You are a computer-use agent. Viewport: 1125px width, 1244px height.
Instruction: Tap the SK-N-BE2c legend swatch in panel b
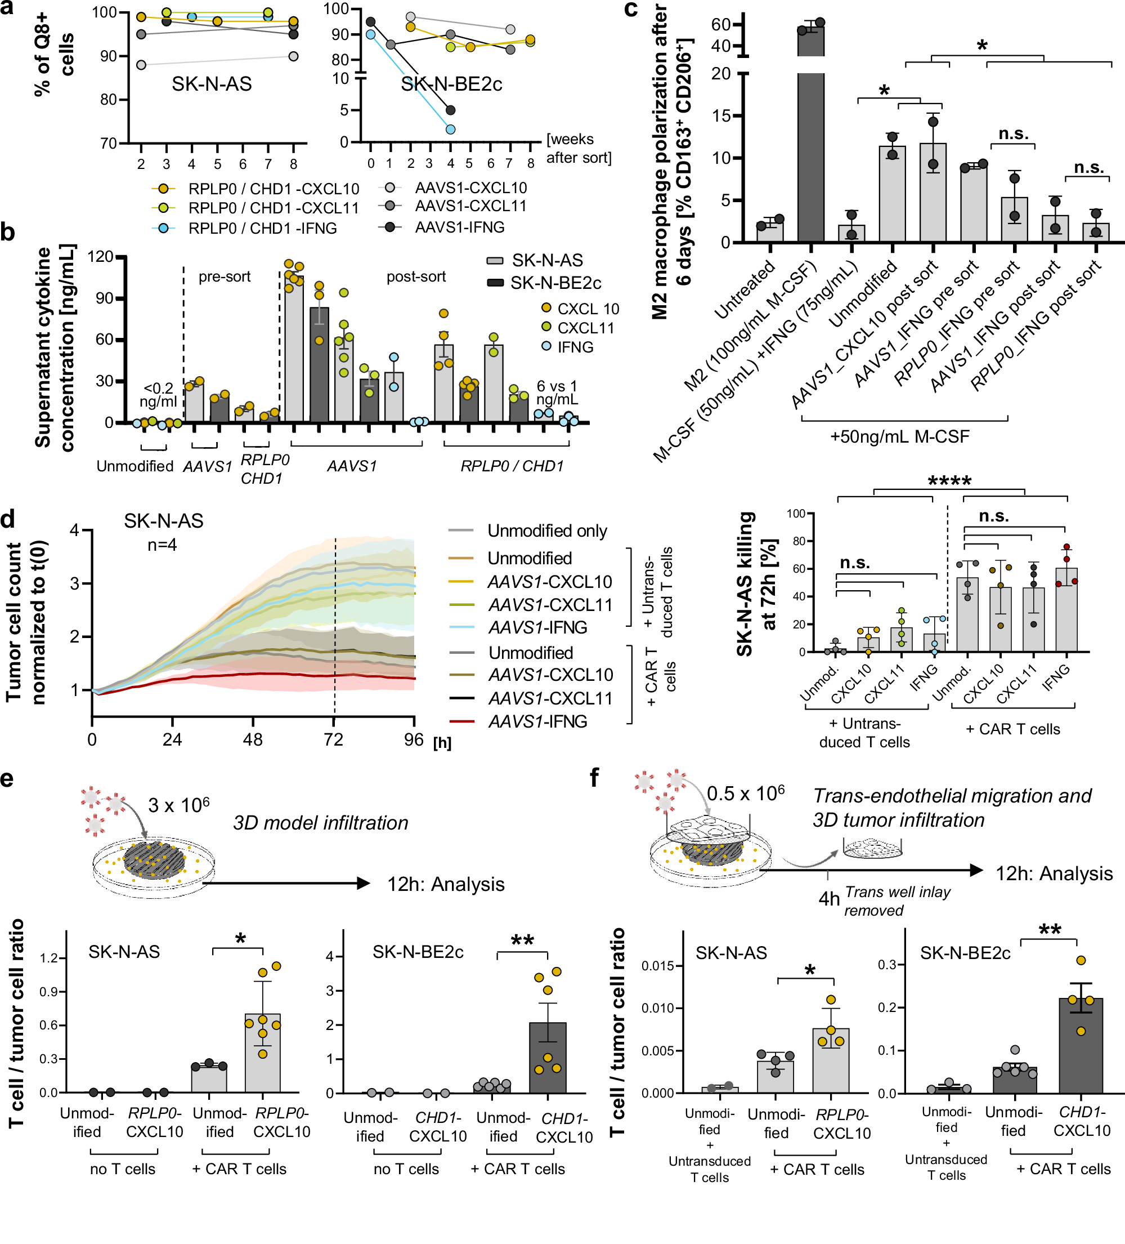pyautogui.click(x=495, y=283)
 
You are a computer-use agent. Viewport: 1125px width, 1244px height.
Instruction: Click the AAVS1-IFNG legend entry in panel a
pyautogui.click(x=459, y=227)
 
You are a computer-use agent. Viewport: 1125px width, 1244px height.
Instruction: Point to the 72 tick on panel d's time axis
pyautogui.click(x=334, y=739)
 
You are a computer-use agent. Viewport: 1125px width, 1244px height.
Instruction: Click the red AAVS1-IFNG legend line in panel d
pyautogui.click(x=461, y=721)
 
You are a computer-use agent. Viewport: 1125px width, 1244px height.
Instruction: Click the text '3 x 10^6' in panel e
pyautogui.click(x=179, y=805)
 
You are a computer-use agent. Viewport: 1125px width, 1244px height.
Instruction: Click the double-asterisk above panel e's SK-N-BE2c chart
pyautogui.click(x=522, y=941)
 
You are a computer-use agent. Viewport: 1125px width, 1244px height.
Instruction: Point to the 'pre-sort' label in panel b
pyautogui.click(x=225, y=277)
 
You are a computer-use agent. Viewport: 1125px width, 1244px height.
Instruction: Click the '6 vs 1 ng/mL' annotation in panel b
pyautogui.click(x=557, y=393)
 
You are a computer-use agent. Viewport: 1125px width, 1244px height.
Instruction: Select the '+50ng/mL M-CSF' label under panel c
pyautogui.click(x=900, y=437)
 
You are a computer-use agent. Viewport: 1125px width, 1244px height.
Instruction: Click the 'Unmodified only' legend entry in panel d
pyautogui.click(x=546, y=530)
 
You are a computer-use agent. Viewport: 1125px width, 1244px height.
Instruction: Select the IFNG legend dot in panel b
pyautogui.click(x=546, y=346)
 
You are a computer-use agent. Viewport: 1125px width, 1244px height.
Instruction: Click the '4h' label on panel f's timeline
pyautogui.click(x=828, y=898)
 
